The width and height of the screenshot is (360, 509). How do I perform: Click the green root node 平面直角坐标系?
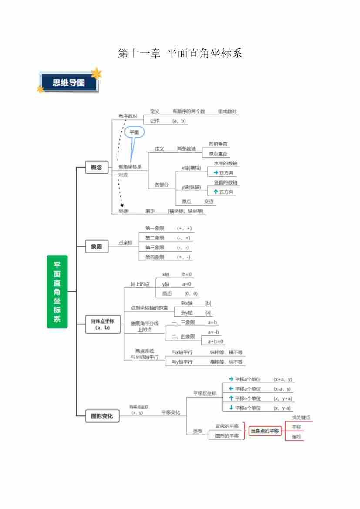pos(57,291)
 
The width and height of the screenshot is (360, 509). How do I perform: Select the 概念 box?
pos(96,167)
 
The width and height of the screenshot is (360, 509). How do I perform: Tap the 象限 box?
pos(96,246)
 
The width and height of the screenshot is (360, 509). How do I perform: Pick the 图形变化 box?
pos(102,416)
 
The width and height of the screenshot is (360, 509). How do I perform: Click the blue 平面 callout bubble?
pos(134,132)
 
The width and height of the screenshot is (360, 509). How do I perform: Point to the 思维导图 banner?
pos(69,83)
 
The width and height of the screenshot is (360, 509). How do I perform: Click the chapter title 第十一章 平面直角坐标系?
pos(180,54)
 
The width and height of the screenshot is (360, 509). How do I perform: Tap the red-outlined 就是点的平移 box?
pos(264,431)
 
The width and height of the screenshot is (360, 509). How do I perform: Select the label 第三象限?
pos(155,247)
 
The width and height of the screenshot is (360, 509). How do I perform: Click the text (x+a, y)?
pos(283,379)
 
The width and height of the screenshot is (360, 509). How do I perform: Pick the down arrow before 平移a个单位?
pos(231,408)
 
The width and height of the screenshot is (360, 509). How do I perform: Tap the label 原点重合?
pos(218,154)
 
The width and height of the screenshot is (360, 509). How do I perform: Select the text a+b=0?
pos(215,341)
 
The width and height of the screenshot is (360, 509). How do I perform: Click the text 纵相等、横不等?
pos(226,352)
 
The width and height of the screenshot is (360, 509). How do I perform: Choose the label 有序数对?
pos(128,116)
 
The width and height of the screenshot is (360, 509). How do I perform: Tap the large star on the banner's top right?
pos(96,73)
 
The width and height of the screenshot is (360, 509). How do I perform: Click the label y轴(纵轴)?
pos(191,187)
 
